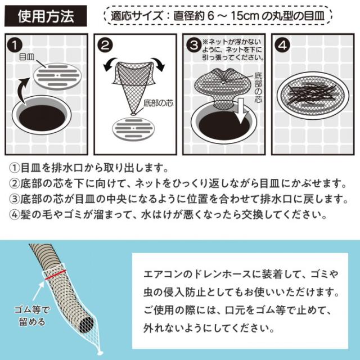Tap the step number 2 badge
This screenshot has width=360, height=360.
coord(103,43)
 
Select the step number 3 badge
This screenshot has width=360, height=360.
coord(192,43)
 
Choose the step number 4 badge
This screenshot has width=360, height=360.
coord(281,43)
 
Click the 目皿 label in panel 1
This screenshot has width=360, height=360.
coord(27,57)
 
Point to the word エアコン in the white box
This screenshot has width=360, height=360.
coord(161,274)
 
